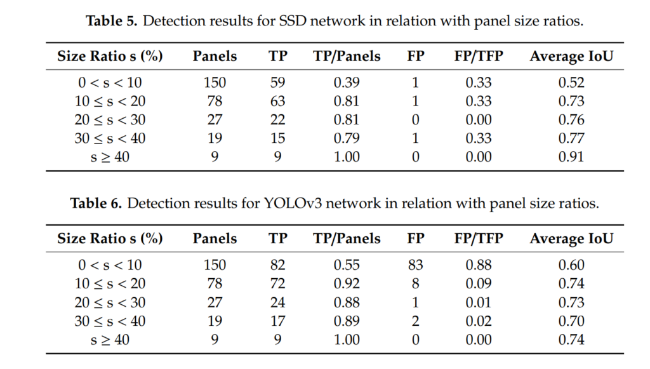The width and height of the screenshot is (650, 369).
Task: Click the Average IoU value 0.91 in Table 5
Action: click(x=571, y=157)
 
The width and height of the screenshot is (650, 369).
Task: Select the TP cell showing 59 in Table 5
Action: click(x=277, y=83)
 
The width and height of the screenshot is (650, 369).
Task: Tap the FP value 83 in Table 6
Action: click(x=416, y=265)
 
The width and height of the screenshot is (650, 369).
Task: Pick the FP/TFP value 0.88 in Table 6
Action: click(x=479, y=265)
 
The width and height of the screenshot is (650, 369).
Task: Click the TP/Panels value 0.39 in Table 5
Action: click(x=347, y=83)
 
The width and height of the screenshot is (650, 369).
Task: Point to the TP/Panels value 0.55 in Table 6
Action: click(x=347, y=265)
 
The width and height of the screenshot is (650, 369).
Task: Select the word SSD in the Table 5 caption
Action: click(x=293, y=21)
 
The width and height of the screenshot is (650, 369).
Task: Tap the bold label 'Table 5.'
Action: click(x=112, y=21)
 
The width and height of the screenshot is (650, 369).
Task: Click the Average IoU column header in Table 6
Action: click(x=571, y=239)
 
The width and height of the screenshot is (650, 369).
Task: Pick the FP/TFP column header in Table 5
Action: click(x=479, y=56)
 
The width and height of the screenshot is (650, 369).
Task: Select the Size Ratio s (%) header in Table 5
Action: click(x=110, y=56)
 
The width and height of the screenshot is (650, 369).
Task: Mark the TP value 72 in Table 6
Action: click(x=277, y=283)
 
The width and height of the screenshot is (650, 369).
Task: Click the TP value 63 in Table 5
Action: click(x=277, y=101)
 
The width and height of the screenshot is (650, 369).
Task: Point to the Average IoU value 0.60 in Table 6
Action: click(x=571, y=265)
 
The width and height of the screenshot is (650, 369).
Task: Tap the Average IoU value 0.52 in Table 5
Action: click(x=571, y=83)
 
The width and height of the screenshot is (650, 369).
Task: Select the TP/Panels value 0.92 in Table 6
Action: click(x=347, y=283)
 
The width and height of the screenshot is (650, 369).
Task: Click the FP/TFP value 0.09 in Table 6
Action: click(x=479, y=283)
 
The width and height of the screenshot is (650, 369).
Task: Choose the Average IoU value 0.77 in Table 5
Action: click(x=571, y=138)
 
